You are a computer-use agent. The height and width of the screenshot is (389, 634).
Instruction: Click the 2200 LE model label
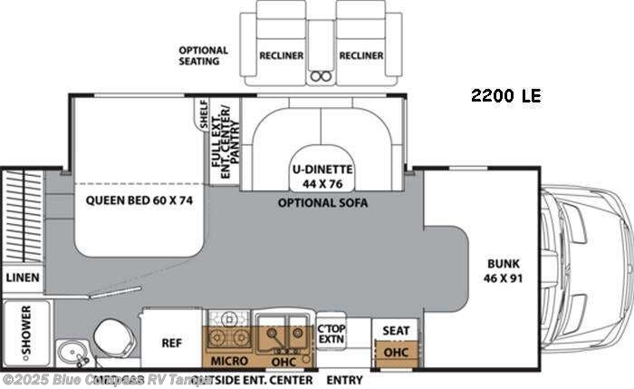(505, 95)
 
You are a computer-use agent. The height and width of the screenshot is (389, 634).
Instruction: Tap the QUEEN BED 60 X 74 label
(139, 201)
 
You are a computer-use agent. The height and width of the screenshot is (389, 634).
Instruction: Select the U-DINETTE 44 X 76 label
(322, 175)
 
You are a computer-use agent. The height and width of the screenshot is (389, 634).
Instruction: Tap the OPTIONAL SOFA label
(322, 203)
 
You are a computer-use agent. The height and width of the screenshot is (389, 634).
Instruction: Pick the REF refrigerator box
(172, 343)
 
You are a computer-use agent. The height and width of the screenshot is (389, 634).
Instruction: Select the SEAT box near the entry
(393, 330)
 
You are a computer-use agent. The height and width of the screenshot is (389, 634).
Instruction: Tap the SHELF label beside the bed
(204, 114)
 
